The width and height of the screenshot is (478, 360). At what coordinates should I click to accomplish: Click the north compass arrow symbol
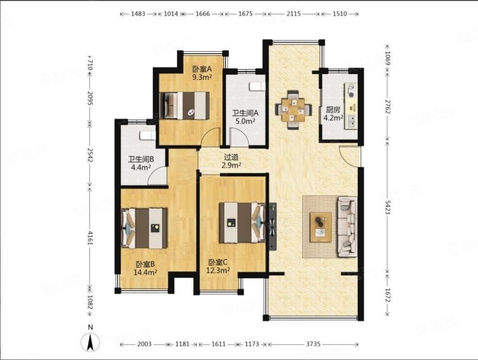pyautogui.click(x=90, y=342)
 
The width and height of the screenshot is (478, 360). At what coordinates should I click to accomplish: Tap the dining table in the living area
pyautogui.click(x=293, y=110)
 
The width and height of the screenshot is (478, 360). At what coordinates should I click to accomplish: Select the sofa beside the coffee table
pyautogui.click(x=347, y=227)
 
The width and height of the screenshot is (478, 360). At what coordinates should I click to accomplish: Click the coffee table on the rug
pyautogui.click(x=321, y=227)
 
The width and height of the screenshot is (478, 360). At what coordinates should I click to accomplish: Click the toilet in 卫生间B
pyautogui.click(x=148, y=136)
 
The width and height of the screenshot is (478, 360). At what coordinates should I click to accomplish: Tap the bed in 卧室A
pyautogui.click(x=184, y=106)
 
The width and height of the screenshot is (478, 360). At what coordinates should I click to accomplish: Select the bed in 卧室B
pyautogui.click(x=144, y=228)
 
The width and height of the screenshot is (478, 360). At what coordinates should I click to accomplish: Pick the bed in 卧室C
pyautogui.click(x=242, y=223)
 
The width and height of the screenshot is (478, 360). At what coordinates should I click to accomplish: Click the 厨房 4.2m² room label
pyautogui.click(x=333, y=114)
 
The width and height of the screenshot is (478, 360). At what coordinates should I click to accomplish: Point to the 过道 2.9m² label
pyautogui.click(x=231, y=161)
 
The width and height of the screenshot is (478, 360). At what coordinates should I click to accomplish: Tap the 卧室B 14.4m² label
pyautogui.click(x=145, y=268)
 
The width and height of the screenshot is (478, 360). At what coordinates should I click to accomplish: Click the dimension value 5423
pyautogui.click(x=387, y=207)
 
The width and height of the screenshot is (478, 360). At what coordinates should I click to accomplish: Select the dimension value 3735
pyautogui.click(x=313, y=344)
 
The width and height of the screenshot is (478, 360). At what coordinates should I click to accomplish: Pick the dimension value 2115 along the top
pyautogui.click(x=293, y=14)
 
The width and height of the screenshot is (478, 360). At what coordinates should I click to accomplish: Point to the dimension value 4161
pyautogui.click(x=90, y=238)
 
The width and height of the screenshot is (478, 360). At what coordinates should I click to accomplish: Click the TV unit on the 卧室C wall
pyautogui.click(x=272, y=227)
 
